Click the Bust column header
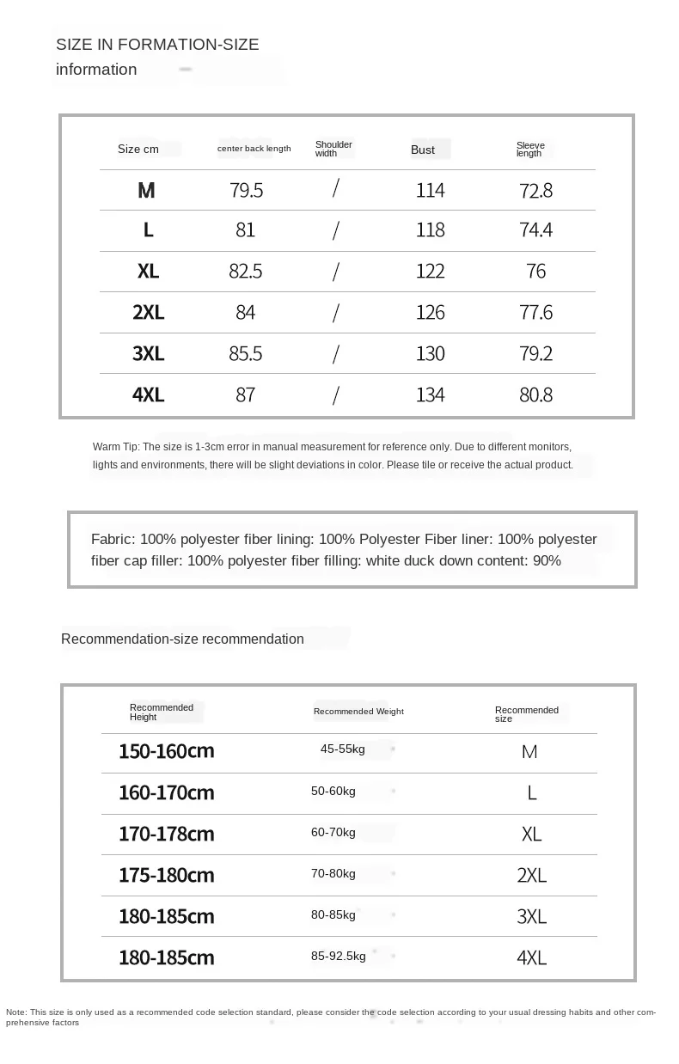[423, 150]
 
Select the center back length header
[254, 149]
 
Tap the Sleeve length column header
[530, 150]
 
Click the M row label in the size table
[146, 190]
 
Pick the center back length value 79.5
[246, 190]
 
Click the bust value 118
[430, 230]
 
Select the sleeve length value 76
[535, 272]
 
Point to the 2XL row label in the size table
[148, 312]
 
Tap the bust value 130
[430, 353]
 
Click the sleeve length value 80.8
[535, 394]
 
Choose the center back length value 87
[245, 394]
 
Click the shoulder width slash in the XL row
[335, 272]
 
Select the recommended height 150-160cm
[166, 751]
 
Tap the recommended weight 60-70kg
[333, 832]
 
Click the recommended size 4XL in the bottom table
[531, 957]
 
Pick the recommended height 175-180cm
[166, 875]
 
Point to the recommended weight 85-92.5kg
[338, 956]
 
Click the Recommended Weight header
[358, 712]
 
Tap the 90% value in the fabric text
[547, 561]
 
